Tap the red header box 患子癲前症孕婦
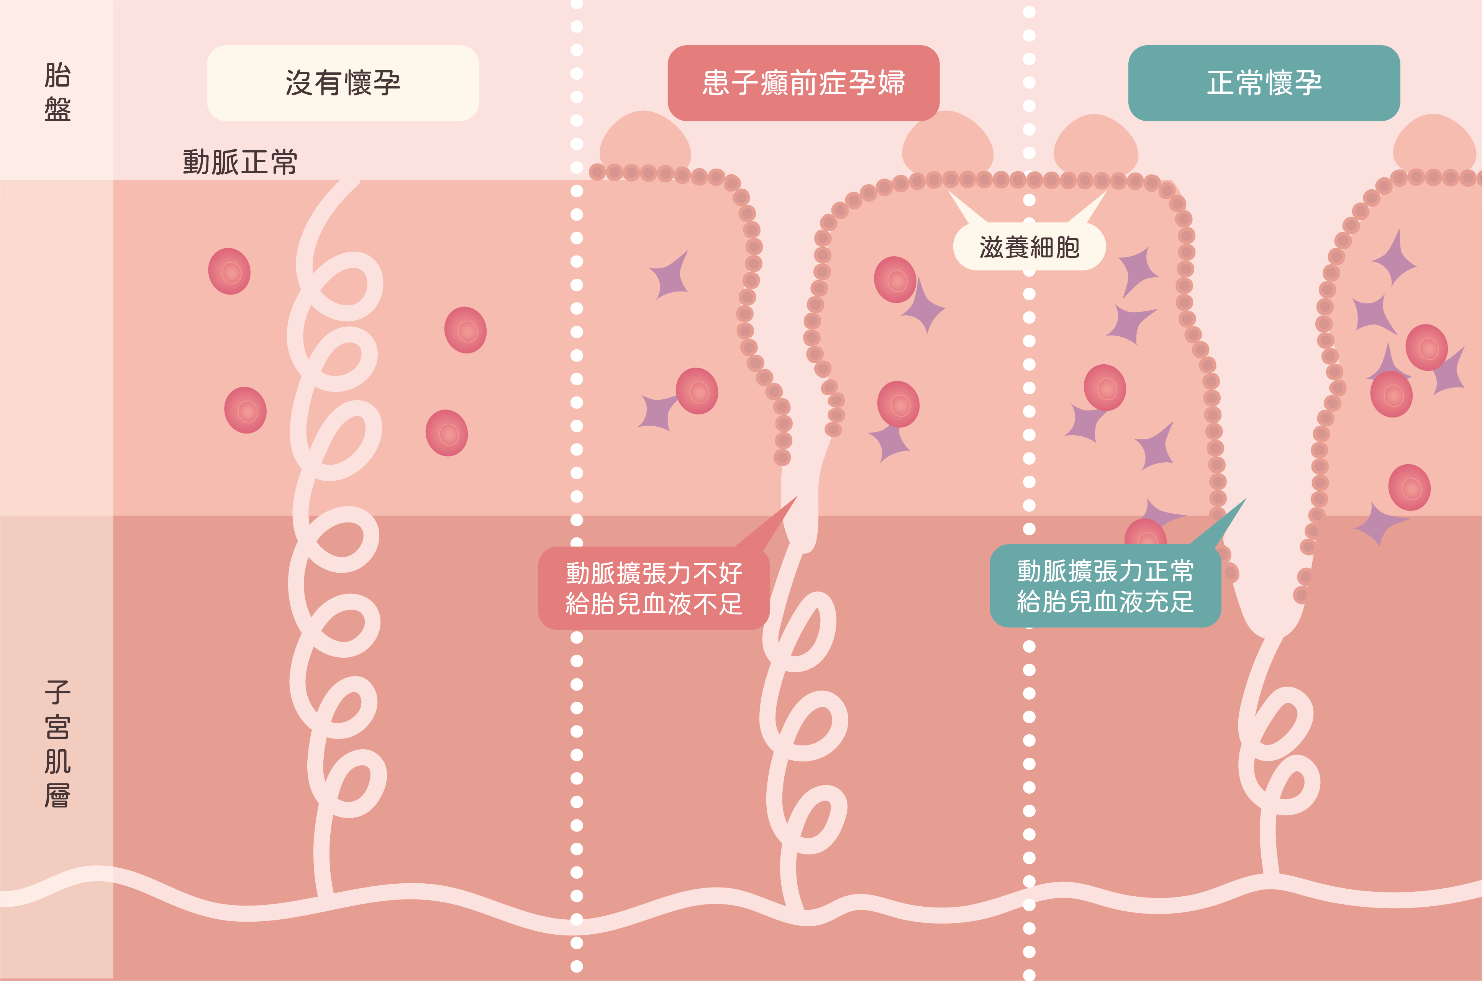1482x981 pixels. pyautogui.click(x=803, y=83)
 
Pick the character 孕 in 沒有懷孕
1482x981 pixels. pyautogui.click(x=386, y=83)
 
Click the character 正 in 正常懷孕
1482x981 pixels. pyautogui.click(x=1220, y=83)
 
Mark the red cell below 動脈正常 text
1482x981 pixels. pyautogui.click(x=229, y=271)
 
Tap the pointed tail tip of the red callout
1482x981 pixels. pyautogui.click(x=797, y=497)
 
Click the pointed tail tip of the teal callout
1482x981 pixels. pyautogui.click(x=1246, y=499)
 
